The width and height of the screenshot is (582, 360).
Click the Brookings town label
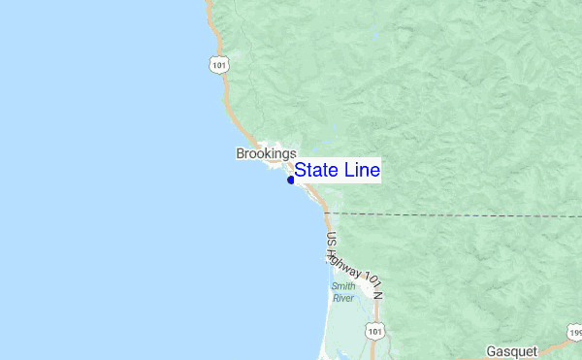point(266,153)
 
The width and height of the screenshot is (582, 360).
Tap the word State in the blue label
point(316,170)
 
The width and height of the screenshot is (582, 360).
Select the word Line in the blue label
point(360,170)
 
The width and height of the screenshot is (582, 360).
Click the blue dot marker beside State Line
point(291,180)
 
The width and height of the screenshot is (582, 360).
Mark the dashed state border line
point(456,213)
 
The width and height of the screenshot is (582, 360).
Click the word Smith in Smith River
point(342,286)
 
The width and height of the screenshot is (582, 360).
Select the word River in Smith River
point(342,298)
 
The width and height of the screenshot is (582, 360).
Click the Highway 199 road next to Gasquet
point(556,347)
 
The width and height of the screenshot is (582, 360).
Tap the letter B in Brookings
point(240,153)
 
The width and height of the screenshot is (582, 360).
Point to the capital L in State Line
point(346,170)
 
